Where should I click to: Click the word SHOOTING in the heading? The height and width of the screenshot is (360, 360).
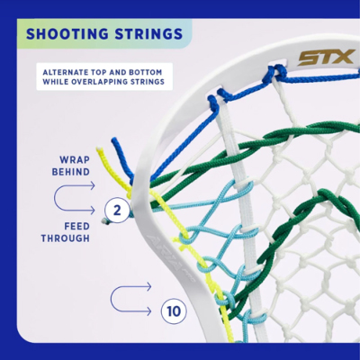coord(67,34)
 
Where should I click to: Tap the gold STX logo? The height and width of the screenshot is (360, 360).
coord(327,58)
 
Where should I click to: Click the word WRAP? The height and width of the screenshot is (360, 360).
coord(75,160)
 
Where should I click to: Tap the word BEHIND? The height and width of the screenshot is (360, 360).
coord(71,172)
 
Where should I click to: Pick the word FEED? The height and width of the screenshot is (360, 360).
coord(77,226)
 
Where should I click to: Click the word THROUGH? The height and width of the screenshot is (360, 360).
coord(66,238)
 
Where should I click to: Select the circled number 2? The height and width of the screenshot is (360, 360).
coord(117,211)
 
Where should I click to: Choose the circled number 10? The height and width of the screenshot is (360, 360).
coord(174,311)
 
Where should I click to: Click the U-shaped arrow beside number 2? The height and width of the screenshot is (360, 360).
coord(55,198)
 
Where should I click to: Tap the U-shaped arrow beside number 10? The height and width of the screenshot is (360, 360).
coord(111,299)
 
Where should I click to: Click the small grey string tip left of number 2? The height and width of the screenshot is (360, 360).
coord(105,221)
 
